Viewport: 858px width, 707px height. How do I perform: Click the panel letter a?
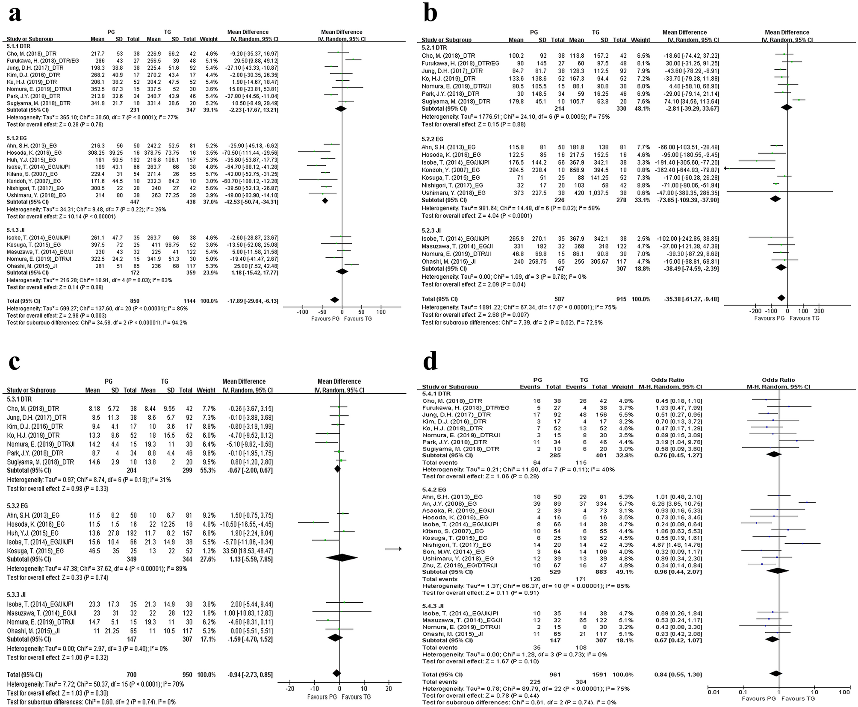tap(15, 14)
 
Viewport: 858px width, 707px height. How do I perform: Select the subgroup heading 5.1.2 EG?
tap(19, 138)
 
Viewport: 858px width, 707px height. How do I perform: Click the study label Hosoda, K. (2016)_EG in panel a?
tap(34, 152)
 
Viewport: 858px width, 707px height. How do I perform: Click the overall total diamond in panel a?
tap(335, 300)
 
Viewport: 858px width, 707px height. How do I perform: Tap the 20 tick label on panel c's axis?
tap(389, 689)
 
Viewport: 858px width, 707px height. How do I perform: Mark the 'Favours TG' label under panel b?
tap(804, 318)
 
